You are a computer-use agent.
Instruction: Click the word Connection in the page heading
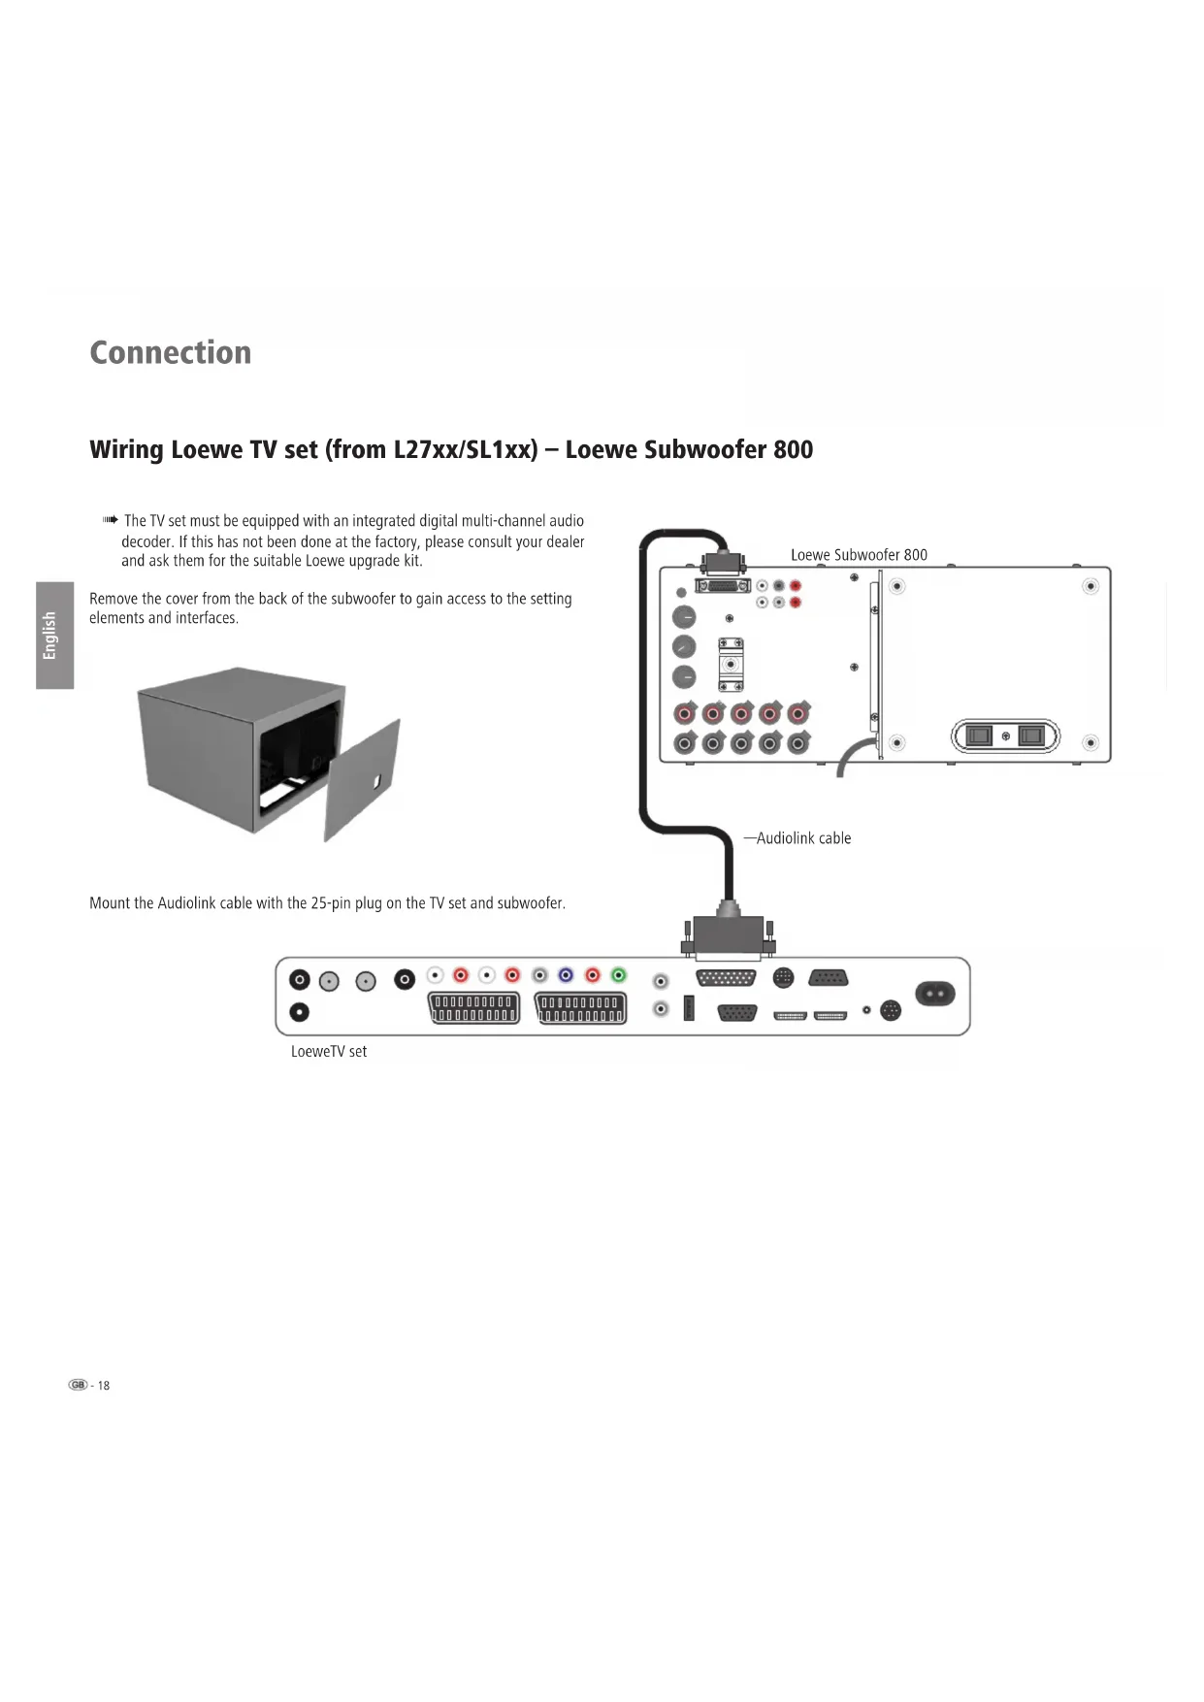[x=170, y=352]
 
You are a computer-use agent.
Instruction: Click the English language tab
[x=54, y=636]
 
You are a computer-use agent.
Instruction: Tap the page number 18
[x=103, y=1386]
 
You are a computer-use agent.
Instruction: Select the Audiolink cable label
[x=803, y=838]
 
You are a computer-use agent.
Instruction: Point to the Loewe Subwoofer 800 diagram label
[x=859, y=555]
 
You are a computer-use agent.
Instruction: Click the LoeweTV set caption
[x=329, y=1052]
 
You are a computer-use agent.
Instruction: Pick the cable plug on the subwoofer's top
[x=724, y=563]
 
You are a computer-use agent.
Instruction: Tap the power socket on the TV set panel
[x=934, y=994]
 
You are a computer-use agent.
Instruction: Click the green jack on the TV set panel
[x=619, y=975]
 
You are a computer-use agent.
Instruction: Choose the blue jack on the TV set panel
[x=566, y=975]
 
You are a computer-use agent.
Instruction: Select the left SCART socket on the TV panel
[x=473, y=1008]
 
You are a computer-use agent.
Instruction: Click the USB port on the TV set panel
[x=690, y=1008]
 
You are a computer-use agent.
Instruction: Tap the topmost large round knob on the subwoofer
[x=684, y=617]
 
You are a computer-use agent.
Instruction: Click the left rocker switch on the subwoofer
[x=979, y=736]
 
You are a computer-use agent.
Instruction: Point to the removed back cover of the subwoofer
[x=363, y=781]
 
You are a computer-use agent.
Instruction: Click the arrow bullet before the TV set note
[x=111, y=521]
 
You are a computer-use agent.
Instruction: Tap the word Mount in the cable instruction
[x=110, y=903]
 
